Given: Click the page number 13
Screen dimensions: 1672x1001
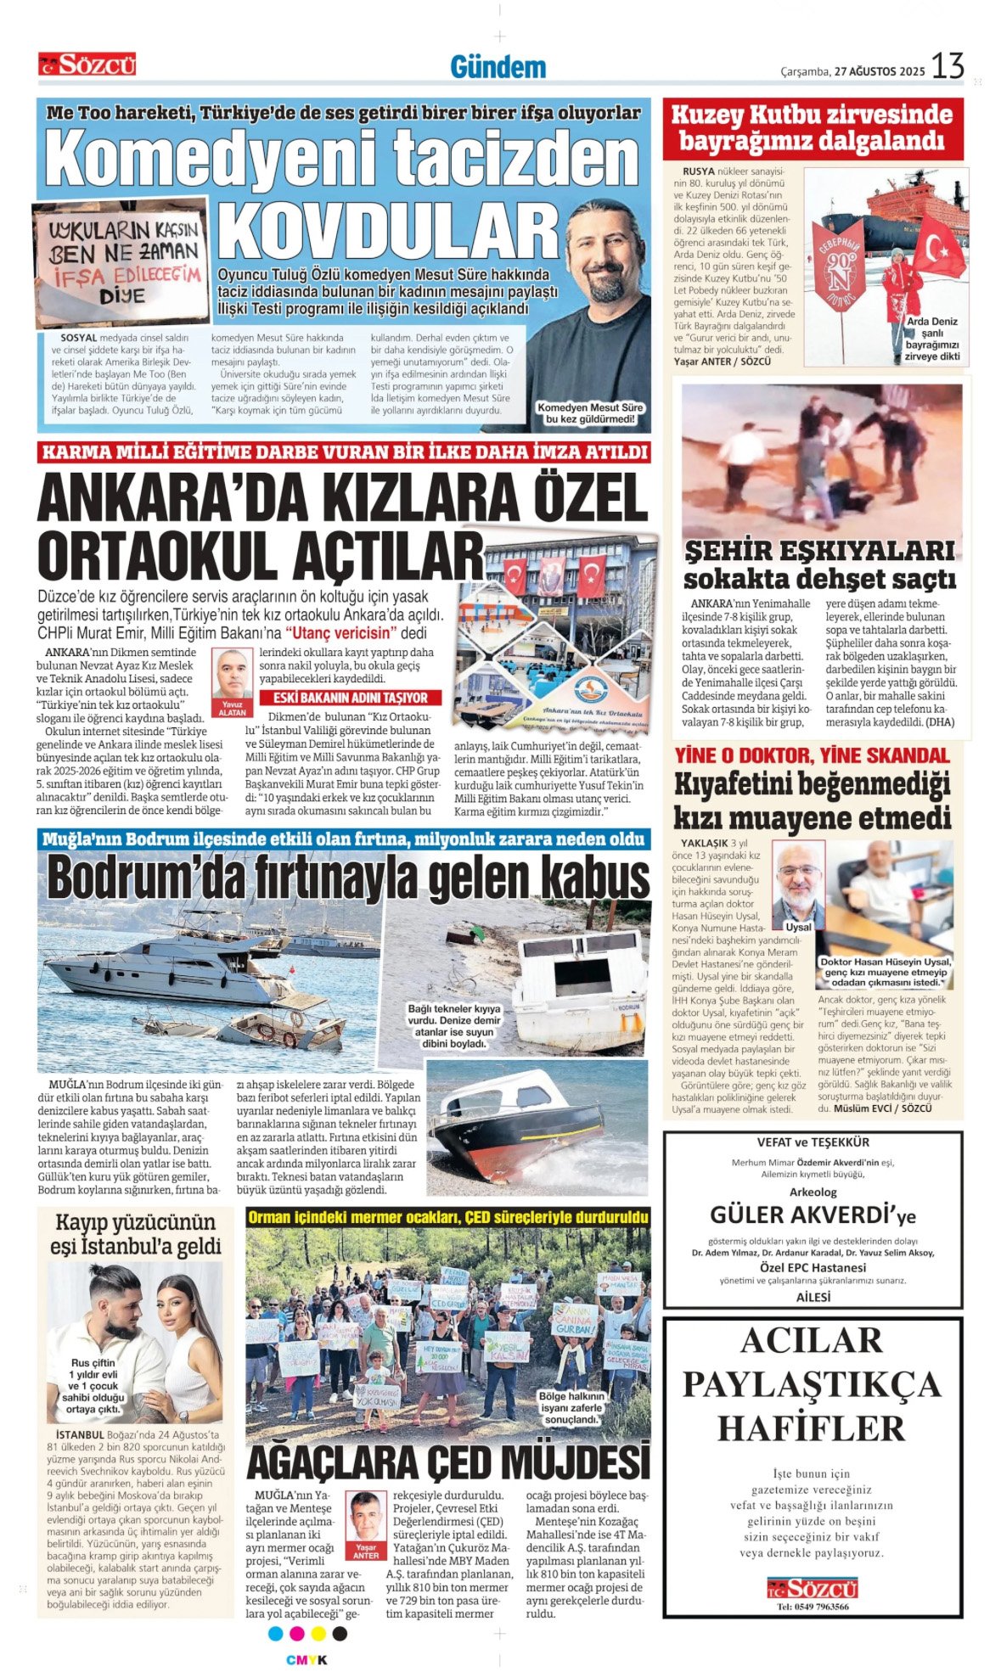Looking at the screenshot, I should click(948, 66).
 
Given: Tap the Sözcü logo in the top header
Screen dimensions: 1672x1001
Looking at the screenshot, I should click(87, 65).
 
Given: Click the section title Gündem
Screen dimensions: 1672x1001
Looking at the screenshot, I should click(498, 67).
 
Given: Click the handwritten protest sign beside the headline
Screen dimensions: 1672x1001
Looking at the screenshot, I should click(121, 262).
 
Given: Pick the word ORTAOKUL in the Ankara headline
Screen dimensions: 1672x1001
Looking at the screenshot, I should click(160, 556).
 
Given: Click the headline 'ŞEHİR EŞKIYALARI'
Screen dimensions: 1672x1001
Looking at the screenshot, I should click(819, 551).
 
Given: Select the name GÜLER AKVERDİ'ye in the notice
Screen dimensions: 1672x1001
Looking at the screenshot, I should click(813, 1215).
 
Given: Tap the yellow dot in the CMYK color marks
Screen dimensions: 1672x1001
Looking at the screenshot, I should click(318, 1634).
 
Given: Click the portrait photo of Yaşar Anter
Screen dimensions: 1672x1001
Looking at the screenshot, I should click(366, 1518).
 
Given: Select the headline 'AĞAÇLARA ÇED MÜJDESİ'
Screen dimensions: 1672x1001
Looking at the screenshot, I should click(447, 1462).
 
